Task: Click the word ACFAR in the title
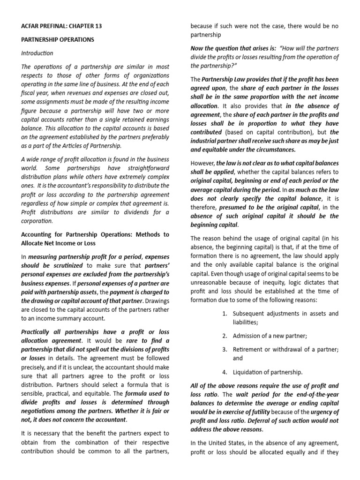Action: [x=32, y=26]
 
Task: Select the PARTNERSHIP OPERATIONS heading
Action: [x=57, y=40]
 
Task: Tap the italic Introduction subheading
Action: [x=37, y=53]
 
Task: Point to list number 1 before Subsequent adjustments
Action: [x=225, y=314]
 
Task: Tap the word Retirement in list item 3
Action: [x=249, y=349]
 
